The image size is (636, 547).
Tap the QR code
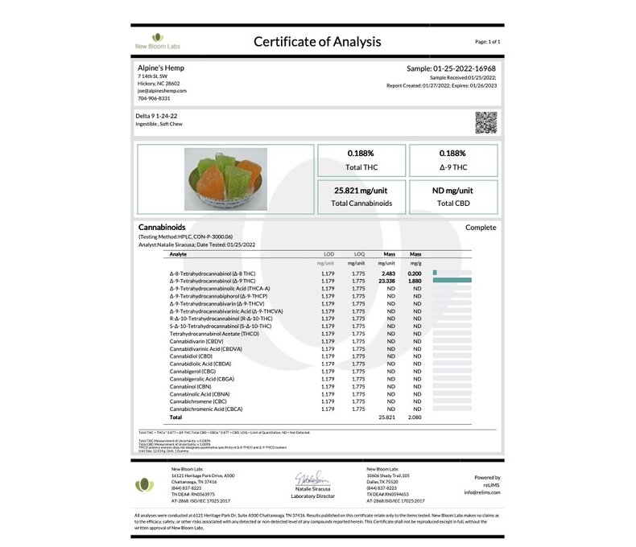point(485,122)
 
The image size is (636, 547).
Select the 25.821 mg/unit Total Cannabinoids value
point(362,191)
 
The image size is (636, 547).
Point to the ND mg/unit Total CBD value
point(453,191)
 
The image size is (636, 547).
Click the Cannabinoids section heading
point(162,228)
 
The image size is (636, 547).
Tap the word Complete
point(481,228)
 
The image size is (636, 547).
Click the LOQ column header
point(359,254)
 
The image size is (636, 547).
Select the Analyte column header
point(178,254)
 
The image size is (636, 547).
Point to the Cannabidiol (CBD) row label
point(191,356)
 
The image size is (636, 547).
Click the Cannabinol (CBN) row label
point(191,386)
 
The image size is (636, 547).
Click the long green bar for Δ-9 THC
point(451,280)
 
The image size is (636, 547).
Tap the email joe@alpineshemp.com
point(163,91)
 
